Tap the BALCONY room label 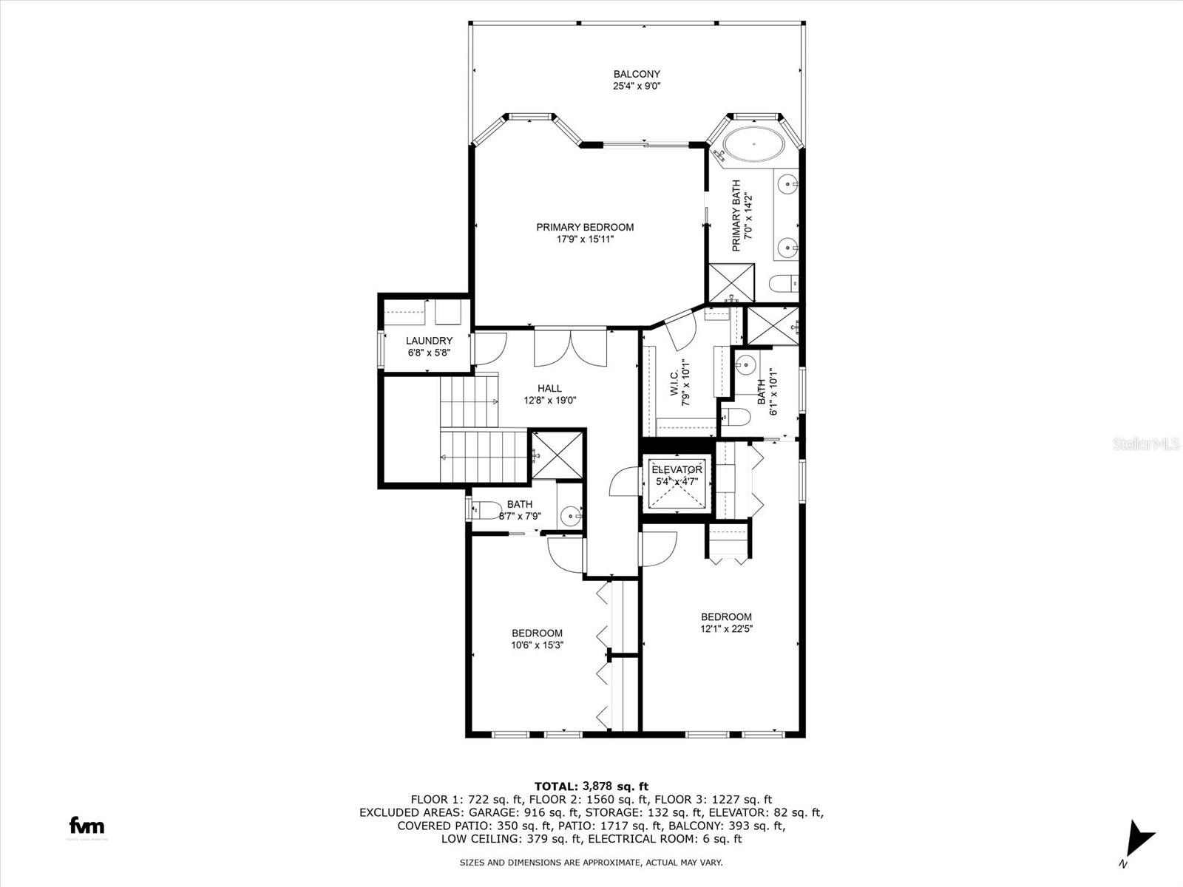636,74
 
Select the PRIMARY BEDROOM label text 585,227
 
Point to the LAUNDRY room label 429,341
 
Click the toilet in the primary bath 782,283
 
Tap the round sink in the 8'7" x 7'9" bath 570,514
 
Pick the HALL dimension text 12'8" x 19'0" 549,400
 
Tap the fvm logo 87,826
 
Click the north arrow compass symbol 1139,840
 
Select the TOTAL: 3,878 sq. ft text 591,786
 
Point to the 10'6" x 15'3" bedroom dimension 537,645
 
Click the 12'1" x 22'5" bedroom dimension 726,629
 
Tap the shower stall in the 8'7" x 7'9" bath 557,455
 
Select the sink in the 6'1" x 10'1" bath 747,364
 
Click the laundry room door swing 488,348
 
